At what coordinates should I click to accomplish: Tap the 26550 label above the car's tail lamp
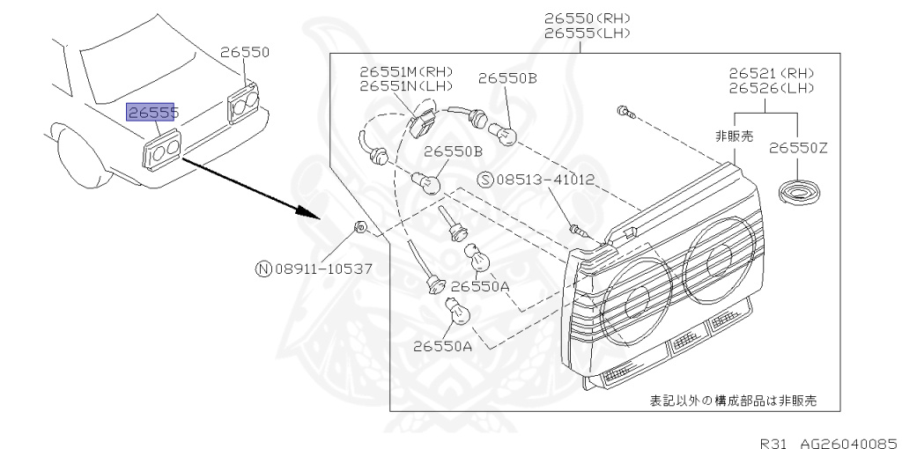245,53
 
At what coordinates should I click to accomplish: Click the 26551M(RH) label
405,71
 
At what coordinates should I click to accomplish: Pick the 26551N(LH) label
405,86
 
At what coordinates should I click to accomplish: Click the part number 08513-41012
545,180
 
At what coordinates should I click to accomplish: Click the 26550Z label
798,148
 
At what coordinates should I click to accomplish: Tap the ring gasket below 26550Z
800,193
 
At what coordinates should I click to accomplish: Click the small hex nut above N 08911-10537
360,228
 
